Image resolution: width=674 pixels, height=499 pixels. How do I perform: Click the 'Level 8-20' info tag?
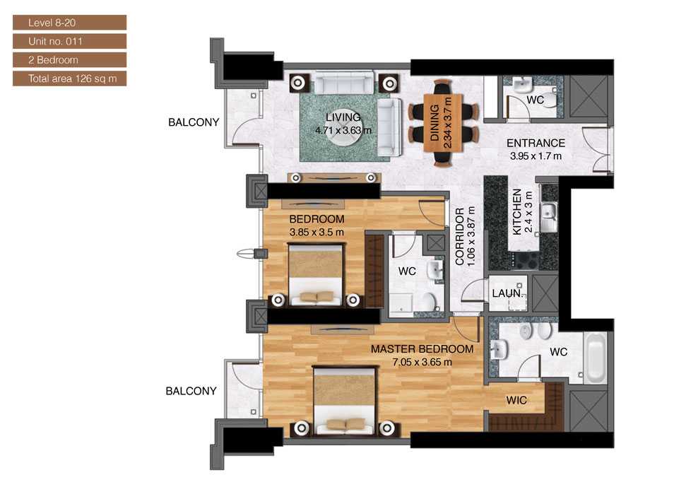click(x=69, y=23)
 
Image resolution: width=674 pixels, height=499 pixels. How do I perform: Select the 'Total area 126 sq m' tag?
click(x=69, y=78)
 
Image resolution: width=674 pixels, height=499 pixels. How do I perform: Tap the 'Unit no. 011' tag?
click(x=69, y=42)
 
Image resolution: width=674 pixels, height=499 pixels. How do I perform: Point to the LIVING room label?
click(x=343, y=117)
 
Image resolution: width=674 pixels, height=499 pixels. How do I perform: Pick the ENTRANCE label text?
click(x=536, y=143)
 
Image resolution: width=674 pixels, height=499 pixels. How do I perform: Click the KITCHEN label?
click(x=517, y=212)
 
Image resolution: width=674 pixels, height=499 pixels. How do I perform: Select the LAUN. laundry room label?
click(x=507, y=292)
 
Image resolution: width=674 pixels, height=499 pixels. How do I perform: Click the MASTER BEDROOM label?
click(x=422, y=349)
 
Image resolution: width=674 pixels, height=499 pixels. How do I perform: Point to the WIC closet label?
click(x=515, y=400)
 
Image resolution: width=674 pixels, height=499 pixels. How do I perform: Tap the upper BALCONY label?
click(x=194, y=122)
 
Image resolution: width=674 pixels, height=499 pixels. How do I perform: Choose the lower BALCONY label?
click(x=191, y=391)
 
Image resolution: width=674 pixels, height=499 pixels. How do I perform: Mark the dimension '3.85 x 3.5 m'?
click(x=317, y=231)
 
